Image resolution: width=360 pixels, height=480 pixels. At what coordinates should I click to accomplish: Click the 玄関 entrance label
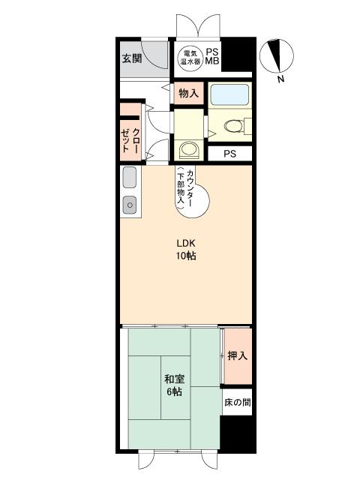pos(132,58)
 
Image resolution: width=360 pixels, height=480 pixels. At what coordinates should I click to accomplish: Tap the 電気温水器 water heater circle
pos(190,57)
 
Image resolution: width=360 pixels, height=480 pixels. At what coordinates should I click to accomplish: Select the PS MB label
pos(212,56)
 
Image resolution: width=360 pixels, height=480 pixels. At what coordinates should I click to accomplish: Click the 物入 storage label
pos(188,93)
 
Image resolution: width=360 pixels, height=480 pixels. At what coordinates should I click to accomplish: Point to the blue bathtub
pos(230,94)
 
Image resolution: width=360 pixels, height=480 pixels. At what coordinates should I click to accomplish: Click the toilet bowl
pos(234,126)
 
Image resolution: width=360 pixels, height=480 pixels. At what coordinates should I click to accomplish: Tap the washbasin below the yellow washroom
pos(190,149)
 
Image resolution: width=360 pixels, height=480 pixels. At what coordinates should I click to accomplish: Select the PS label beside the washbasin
pos(230,154)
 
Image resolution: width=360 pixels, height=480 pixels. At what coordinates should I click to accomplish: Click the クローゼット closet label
pos(130,140)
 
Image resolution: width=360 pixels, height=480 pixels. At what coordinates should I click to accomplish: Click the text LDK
pos(186,244)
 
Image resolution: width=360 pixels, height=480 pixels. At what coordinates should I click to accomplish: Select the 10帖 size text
pos(186,256)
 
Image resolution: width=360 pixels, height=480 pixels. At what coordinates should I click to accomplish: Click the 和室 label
pos(175,379)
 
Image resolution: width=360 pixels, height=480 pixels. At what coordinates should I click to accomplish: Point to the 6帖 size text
pos(175,391)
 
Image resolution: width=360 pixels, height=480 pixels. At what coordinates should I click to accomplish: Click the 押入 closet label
pos(238,355)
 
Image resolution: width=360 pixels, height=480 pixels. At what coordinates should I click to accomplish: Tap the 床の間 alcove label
pos(238,402)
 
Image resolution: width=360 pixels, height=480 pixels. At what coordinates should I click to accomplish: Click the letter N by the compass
pos(280,79)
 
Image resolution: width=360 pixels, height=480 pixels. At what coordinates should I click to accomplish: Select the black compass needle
pos(275,55)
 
